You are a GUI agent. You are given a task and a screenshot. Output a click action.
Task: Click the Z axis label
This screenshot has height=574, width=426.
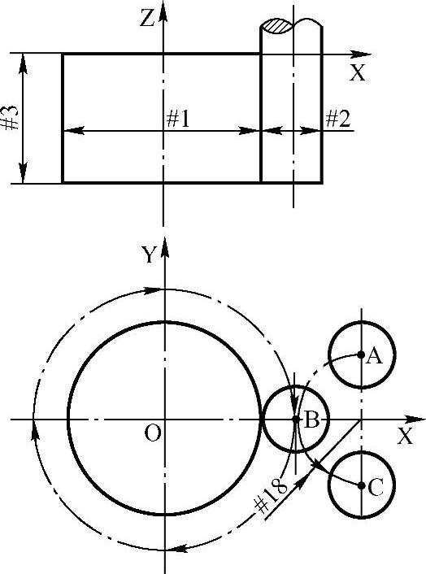[x=147, y=19]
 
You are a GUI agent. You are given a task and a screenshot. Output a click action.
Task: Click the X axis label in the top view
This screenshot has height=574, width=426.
[x=358, y=72]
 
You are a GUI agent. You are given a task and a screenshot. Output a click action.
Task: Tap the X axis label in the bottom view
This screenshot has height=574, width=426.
[x=405, y=436]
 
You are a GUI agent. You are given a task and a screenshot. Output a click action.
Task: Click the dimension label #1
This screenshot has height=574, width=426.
[x=178, y=119]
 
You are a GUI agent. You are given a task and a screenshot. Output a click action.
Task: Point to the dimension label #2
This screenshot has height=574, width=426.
[x=337, y=118]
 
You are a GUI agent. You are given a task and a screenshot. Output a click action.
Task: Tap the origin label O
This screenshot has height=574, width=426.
[x=152, y=433]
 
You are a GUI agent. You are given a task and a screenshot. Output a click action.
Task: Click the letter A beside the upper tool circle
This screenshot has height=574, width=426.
[x=374, y=356]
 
